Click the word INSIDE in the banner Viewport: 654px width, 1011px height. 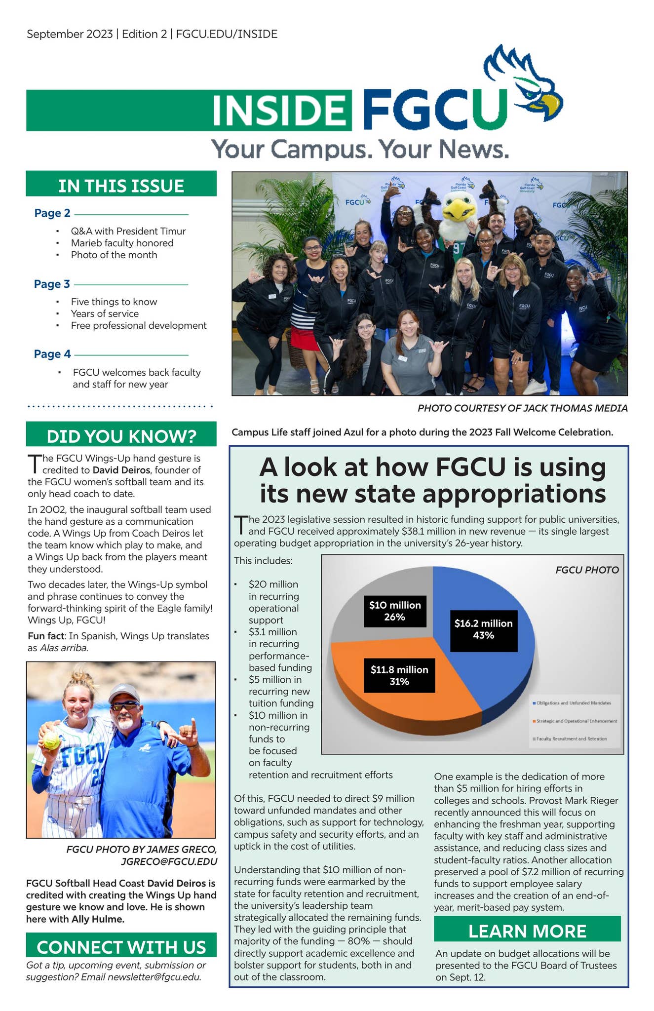coord(279,110)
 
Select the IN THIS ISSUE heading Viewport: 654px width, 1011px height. coord(121,186)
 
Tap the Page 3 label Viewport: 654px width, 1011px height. coord(52,284)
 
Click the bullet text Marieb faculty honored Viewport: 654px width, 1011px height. coord(122,243)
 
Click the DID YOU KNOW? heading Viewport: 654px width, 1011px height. coord(121,436)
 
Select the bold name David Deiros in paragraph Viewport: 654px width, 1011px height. coord(121,470)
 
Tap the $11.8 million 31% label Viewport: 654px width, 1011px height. coord(399,675)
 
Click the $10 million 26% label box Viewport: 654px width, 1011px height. coord(395,611)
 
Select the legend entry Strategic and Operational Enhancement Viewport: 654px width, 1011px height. coord(576,721)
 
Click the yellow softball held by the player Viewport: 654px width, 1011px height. coord(51,740)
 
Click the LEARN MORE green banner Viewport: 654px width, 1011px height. coord(527,931)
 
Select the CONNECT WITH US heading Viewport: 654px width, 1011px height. coord(121,947)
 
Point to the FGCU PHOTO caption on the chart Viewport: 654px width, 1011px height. coord(587,570)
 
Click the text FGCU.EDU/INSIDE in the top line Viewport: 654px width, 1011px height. coord(227,34)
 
